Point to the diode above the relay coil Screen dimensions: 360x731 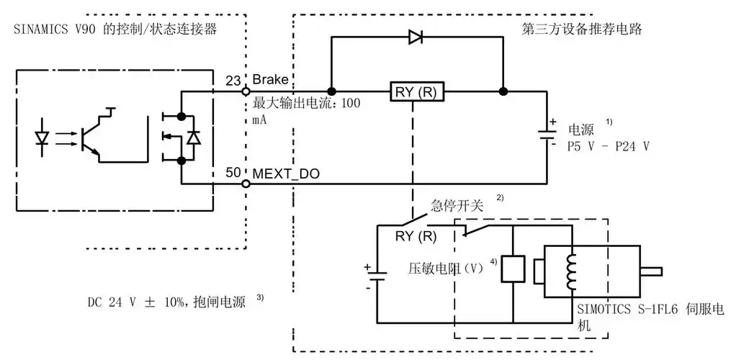(416, 37)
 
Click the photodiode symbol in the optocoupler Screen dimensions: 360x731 (42, 135)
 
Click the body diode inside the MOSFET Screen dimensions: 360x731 (192, 137)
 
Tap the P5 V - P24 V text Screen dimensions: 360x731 (609, 146)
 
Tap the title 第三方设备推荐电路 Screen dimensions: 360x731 (581, 30)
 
